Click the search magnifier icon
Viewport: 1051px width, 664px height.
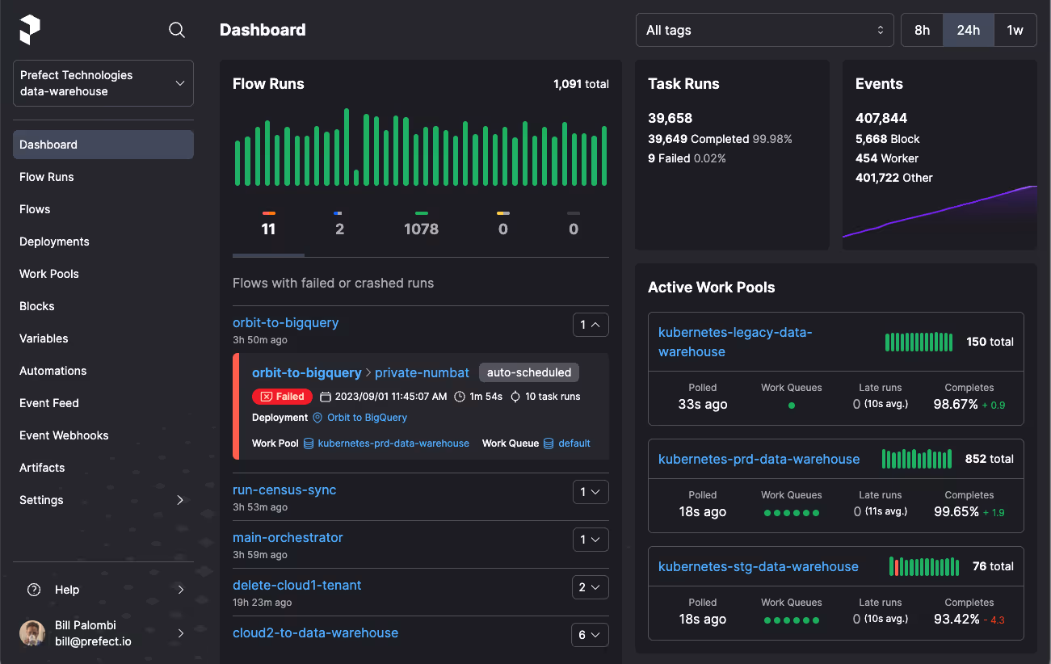tap(176, 30)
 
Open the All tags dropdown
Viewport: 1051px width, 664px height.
tap(764, 30)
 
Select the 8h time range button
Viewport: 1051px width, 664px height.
tap(922, 30)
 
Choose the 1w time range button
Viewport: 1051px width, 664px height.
tap(1015, 30)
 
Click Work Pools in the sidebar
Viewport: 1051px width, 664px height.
tap(49, 274)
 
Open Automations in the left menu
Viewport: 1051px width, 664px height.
tap(53, 371)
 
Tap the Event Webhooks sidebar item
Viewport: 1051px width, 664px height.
tap(64, 435)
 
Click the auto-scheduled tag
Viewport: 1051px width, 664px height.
tap(528, 372)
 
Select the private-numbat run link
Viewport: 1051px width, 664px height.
tap(422, 372)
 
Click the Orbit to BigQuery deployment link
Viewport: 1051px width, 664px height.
tap(367, 418)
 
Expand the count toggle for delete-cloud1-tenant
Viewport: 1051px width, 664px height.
tap(590, 587)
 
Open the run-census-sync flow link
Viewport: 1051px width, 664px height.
tap(284, 490)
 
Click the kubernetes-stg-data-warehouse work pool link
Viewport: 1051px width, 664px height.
tap(758, 566)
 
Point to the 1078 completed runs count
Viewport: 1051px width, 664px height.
tap(421, 229)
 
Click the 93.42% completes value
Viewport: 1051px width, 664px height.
tap(956, 619)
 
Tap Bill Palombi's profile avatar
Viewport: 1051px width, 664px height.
tap(32, 633)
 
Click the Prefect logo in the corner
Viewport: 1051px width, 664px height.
tap(30, 30)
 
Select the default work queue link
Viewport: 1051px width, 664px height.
tap(574, 443)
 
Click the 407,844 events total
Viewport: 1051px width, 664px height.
tap(881, 118)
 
